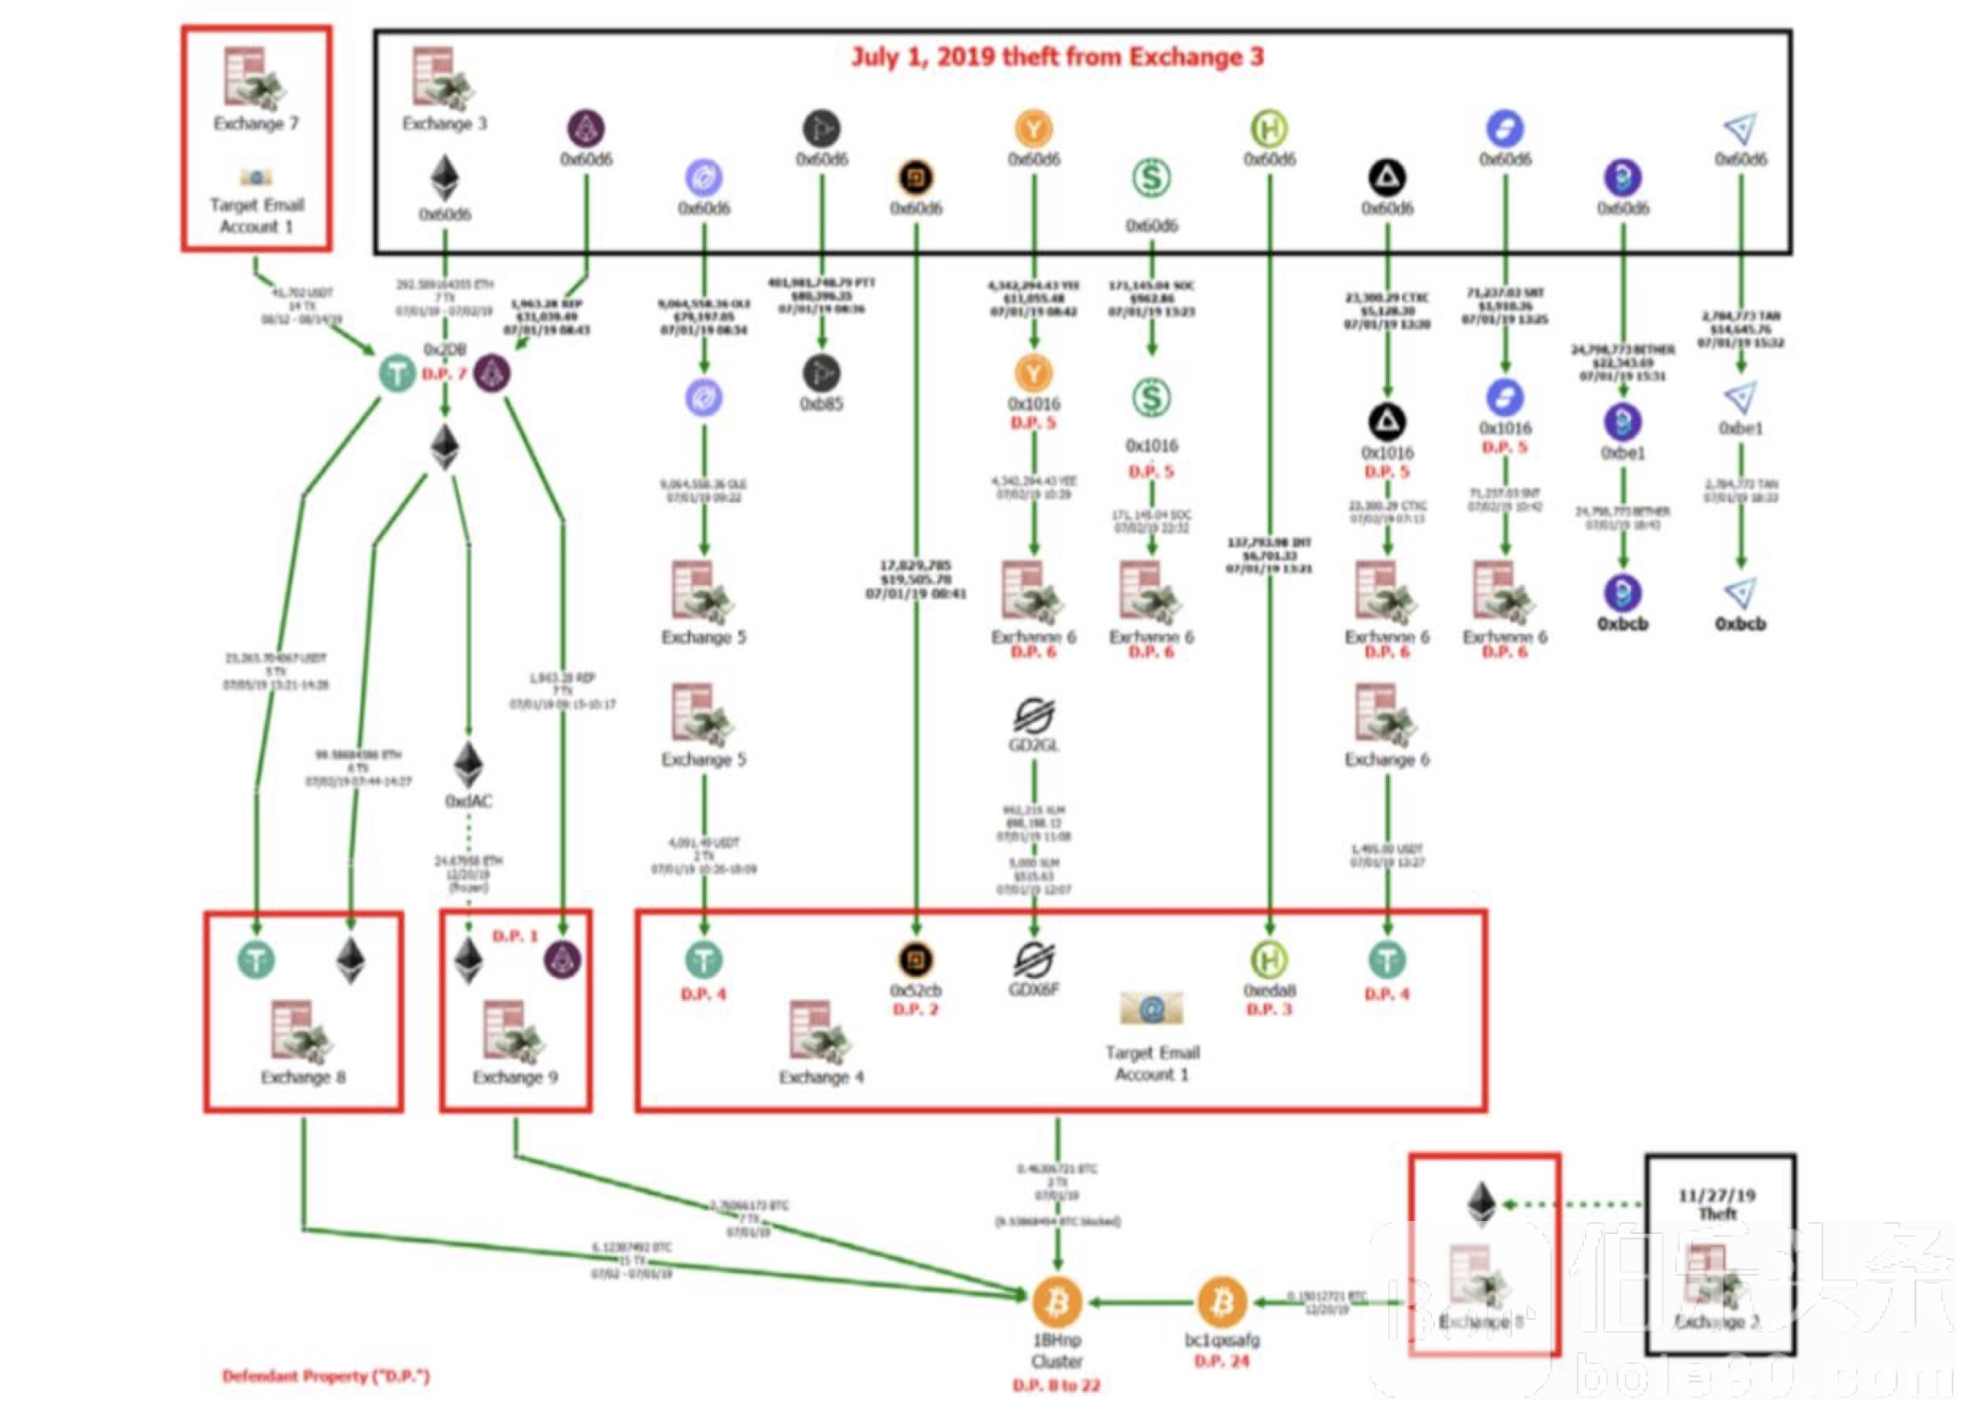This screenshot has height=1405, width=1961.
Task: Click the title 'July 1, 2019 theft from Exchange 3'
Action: click(1056, 57)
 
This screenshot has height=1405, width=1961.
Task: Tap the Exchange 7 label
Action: click(256, 123)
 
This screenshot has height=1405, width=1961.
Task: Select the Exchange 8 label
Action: click(302, 1077)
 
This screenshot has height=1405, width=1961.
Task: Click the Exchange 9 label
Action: click(515, 1077)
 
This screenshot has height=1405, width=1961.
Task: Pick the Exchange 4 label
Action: click(821, 1077)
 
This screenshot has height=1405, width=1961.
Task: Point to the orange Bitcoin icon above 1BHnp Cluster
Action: click(1056, 1301)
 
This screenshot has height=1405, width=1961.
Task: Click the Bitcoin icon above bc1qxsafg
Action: click(1222, 1301)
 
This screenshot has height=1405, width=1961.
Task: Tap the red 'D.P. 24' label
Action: click(1222, 1361)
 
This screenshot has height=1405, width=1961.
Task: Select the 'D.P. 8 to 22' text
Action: click(1056, 1385)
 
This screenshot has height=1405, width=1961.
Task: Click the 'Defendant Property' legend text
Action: click(326, 1375)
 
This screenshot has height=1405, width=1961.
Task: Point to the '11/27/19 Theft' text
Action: click(1717, 1203)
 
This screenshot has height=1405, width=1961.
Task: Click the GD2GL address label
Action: click(1033, 744)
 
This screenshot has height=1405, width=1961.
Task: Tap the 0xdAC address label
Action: click(469, 800)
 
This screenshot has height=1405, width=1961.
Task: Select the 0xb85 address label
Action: click(821, 404)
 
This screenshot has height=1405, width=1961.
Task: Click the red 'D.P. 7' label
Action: click(445, 373)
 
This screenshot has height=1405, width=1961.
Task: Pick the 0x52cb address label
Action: click(915, 991)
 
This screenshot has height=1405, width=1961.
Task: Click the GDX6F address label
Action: click(1033, 989)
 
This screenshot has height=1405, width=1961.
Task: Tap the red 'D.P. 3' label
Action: click(1269, 1009)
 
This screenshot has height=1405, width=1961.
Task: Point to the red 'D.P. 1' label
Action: click(515, 935)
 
